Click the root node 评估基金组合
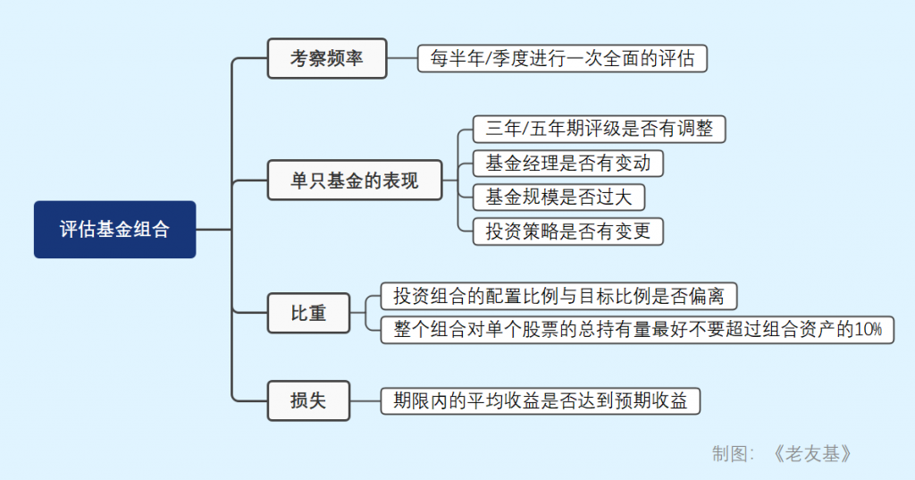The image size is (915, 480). [114, 230]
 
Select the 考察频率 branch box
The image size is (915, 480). [326, 59]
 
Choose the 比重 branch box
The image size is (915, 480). [308, 313]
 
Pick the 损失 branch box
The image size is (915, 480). [308, 400]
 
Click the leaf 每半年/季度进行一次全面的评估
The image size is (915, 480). [562, 59]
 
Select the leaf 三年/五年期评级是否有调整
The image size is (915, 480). [599, 129]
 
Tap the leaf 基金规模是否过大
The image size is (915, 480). [558, 197]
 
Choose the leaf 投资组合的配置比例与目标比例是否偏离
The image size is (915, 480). [559, 295]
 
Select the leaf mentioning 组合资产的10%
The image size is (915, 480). [637, 329]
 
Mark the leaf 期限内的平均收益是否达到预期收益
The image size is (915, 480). [540, 400]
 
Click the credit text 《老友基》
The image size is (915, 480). [812, 454]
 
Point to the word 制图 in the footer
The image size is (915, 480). [729, 454]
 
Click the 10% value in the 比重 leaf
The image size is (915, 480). [868, 329]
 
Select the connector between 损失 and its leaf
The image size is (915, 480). [365, 400]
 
